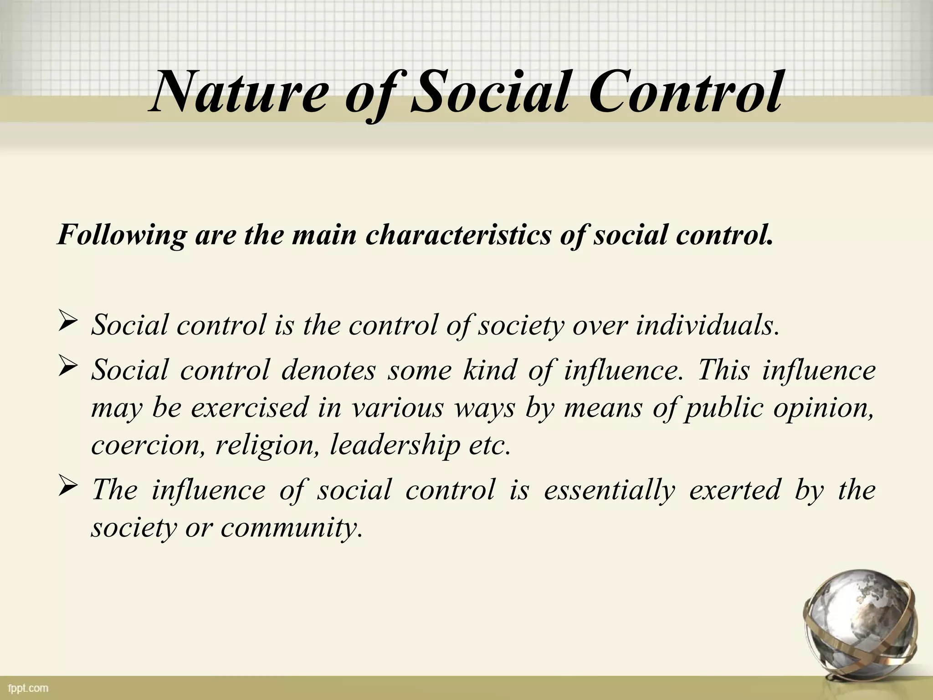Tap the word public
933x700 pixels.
724,407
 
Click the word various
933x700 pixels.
397,407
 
